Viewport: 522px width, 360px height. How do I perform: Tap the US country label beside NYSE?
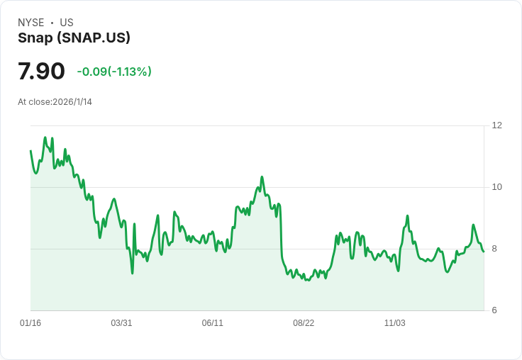point(67,23)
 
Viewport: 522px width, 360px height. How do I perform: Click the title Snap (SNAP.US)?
point(74,38)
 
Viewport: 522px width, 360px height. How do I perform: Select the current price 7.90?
point(41,72)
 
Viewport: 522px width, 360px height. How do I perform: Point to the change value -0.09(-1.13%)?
point(114,72)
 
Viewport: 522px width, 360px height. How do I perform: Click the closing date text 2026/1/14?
point(72,102)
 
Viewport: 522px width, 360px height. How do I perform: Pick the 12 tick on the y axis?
point(496,125)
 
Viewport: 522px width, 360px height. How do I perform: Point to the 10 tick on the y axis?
point(496,187)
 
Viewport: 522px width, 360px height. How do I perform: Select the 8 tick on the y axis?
point(494,249)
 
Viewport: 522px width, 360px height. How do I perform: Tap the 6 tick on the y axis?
point(494,310)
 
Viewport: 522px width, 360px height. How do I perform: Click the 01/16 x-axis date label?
point(30,323)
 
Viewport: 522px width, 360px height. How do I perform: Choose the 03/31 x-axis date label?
point(121,323)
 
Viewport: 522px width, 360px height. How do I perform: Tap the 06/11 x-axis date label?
point(213,323)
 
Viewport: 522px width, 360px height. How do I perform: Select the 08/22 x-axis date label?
point(304,323)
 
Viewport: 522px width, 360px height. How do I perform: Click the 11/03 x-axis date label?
point(394,323)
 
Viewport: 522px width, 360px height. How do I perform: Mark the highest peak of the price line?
point(45,137)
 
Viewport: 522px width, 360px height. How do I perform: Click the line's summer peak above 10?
point(262,176)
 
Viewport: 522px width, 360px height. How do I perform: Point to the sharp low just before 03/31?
point(132,273)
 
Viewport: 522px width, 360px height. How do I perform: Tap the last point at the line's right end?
point(484,252)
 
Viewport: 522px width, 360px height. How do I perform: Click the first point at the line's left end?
point(30,151)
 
